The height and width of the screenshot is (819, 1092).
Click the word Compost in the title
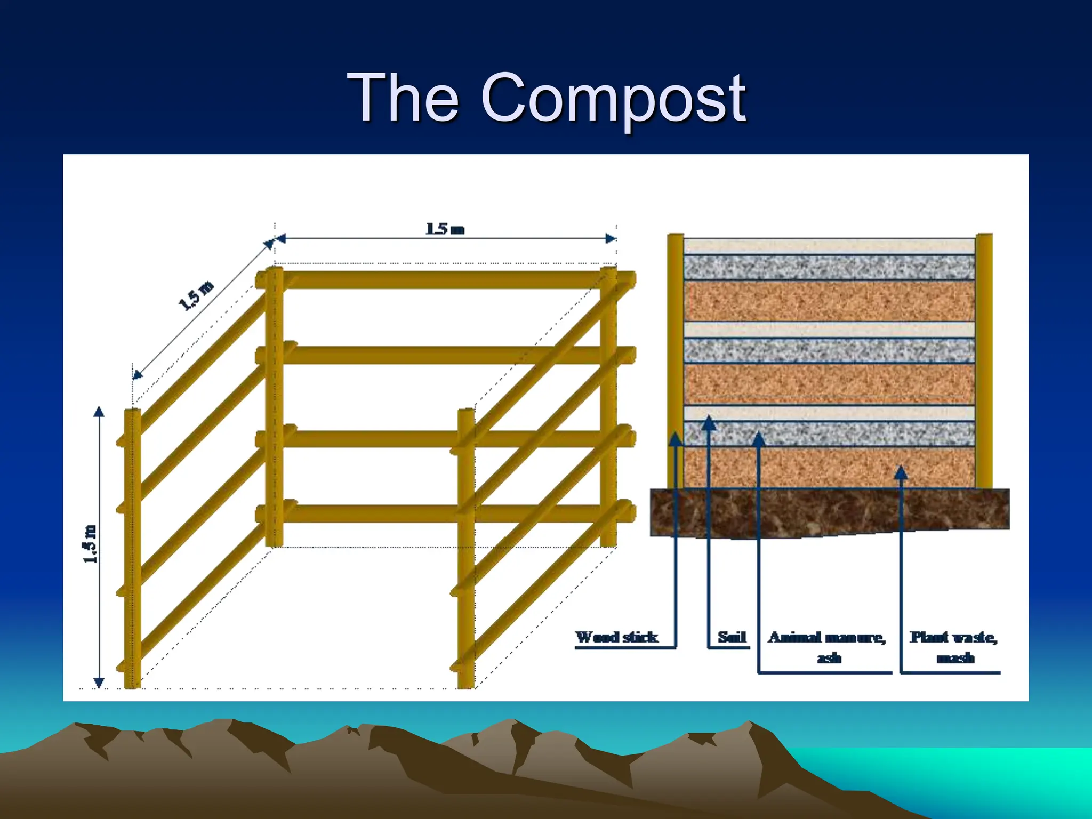click(613, 99)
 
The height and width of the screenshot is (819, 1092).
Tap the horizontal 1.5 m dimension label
click(445, 229)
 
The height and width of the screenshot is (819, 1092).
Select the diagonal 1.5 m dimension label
click(196, 295)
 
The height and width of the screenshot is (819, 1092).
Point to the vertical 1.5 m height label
click(91, 544)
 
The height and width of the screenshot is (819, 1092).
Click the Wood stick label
click(616, 637)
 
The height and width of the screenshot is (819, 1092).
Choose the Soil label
click(732, 637)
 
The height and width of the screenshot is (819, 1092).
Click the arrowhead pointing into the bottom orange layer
click(901, 472)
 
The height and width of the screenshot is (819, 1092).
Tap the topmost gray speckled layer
click(829, 267)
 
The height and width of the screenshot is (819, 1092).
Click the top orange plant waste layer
click(829, 301)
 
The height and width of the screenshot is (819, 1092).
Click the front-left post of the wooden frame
click(132, 549)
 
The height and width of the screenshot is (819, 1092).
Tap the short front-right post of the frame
click(466, 549)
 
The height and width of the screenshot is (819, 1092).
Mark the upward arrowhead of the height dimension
click(99, 412)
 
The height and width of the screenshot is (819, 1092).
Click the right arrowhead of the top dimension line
click(611, 238)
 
